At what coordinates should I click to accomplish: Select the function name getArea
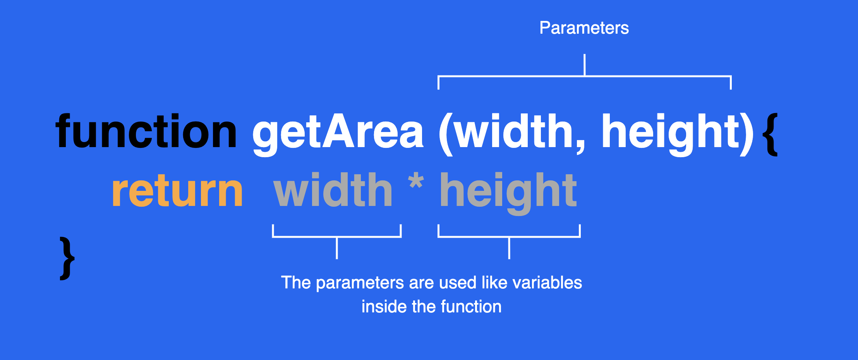pos(338,134)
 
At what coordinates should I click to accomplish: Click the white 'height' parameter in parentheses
pos(670,134)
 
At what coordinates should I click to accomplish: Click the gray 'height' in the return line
pos(508,193)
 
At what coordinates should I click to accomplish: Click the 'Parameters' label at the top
pos(584,28)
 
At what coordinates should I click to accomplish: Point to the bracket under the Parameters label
pos(585,76)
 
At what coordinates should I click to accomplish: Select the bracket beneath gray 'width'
pos(337,237)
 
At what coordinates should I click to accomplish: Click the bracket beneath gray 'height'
pos(509,237)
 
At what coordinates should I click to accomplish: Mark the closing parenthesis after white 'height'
pos(746,134)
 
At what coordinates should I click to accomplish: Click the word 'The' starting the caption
pos(296,283)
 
